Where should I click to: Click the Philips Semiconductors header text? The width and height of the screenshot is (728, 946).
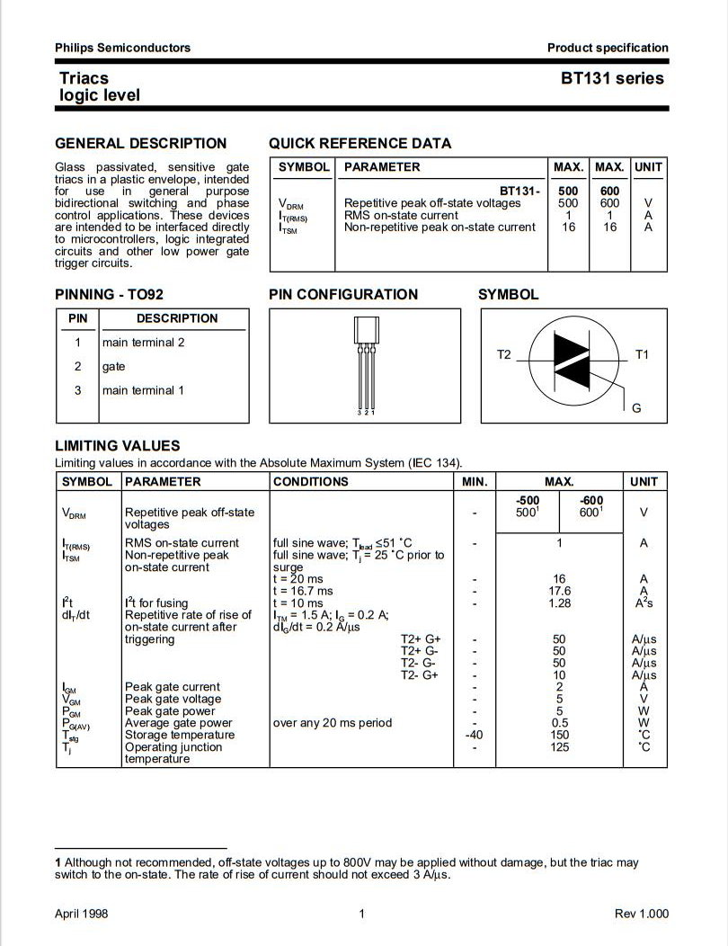pos(122,48)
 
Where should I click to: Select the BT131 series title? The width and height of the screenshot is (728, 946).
pos(612,78)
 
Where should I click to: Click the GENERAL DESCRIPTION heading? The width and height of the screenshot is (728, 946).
pos(141,144)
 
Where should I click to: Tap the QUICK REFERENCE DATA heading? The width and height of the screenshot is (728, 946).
pos(360,144)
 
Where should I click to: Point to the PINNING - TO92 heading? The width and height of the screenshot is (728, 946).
pos(109,294)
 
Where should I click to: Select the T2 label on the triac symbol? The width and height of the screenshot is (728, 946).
pos(503,355)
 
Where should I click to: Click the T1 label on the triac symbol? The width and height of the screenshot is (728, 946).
pos(642,355)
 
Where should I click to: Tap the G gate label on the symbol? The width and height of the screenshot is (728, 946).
pos(636,408)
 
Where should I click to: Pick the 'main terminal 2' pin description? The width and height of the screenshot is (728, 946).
pos(144,343)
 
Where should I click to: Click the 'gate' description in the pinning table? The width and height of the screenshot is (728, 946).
pos(114,366)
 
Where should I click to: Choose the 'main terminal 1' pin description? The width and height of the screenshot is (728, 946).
pos(144,390)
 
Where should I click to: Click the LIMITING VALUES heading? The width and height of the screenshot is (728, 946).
pos(118,446)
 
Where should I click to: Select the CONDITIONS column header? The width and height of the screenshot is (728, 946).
pos(310,482)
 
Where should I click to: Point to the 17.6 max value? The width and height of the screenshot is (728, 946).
pos(559,591)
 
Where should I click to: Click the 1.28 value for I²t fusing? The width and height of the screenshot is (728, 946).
pos(559,603)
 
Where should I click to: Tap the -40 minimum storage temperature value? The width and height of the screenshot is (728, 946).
pos(475,735)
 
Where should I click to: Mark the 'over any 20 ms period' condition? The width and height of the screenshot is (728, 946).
pos(332,723)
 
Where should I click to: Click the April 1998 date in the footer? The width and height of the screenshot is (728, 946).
pos(81,914)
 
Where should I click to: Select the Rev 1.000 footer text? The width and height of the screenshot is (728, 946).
pos(642,914)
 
